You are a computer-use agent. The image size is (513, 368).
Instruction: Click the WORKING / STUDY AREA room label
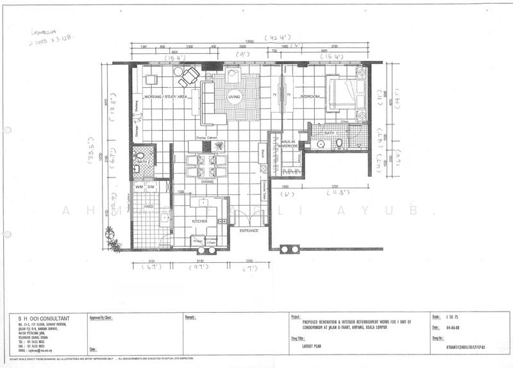tap(165, 97)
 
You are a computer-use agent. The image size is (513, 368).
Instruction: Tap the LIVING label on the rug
tap(234, 97)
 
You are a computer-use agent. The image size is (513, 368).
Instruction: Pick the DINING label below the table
tap(206, 181)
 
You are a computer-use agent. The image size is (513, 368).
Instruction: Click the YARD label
tap(148, 207)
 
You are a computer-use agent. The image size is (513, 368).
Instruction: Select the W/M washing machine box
tap(139, 187)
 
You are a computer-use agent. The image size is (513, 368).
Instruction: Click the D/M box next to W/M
tap(151, 187)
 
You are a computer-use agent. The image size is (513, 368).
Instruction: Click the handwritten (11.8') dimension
tap(335, 193)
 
